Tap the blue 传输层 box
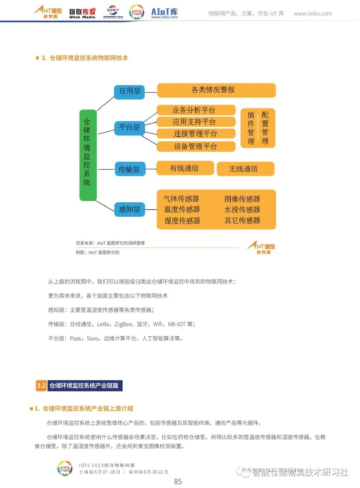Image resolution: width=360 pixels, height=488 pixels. [129, 170]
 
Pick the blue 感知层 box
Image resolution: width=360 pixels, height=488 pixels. [129, 210]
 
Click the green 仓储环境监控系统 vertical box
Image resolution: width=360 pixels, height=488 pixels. [88, 155]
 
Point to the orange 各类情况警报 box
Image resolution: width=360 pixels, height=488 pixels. [216, 90]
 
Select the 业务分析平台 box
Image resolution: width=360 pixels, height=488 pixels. [196, 110]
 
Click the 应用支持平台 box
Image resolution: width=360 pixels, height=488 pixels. [196, 122]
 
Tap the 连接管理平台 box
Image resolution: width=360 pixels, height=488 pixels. [196, 134]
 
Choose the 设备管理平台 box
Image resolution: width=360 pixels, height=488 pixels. [196, 147]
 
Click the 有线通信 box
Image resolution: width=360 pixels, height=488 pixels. [185, 169]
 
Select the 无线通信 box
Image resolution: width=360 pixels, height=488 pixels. [245, 169]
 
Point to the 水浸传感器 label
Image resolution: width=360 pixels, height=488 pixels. [242, 210]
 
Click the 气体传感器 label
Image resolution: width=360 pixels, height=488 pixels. [181, 199]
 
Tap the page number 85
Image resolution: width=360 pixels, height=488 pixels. [178, 481]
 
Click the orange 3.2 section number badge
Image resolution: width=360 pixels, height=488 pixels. [41, 386]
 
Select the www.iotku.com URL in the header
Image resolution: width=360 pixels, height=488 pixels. [313, 14]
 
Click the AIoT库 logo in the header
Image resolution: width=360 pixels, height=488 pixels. [164, 13]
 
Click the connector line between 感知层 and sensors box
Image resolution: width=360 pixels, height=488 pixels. [151, 210]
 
